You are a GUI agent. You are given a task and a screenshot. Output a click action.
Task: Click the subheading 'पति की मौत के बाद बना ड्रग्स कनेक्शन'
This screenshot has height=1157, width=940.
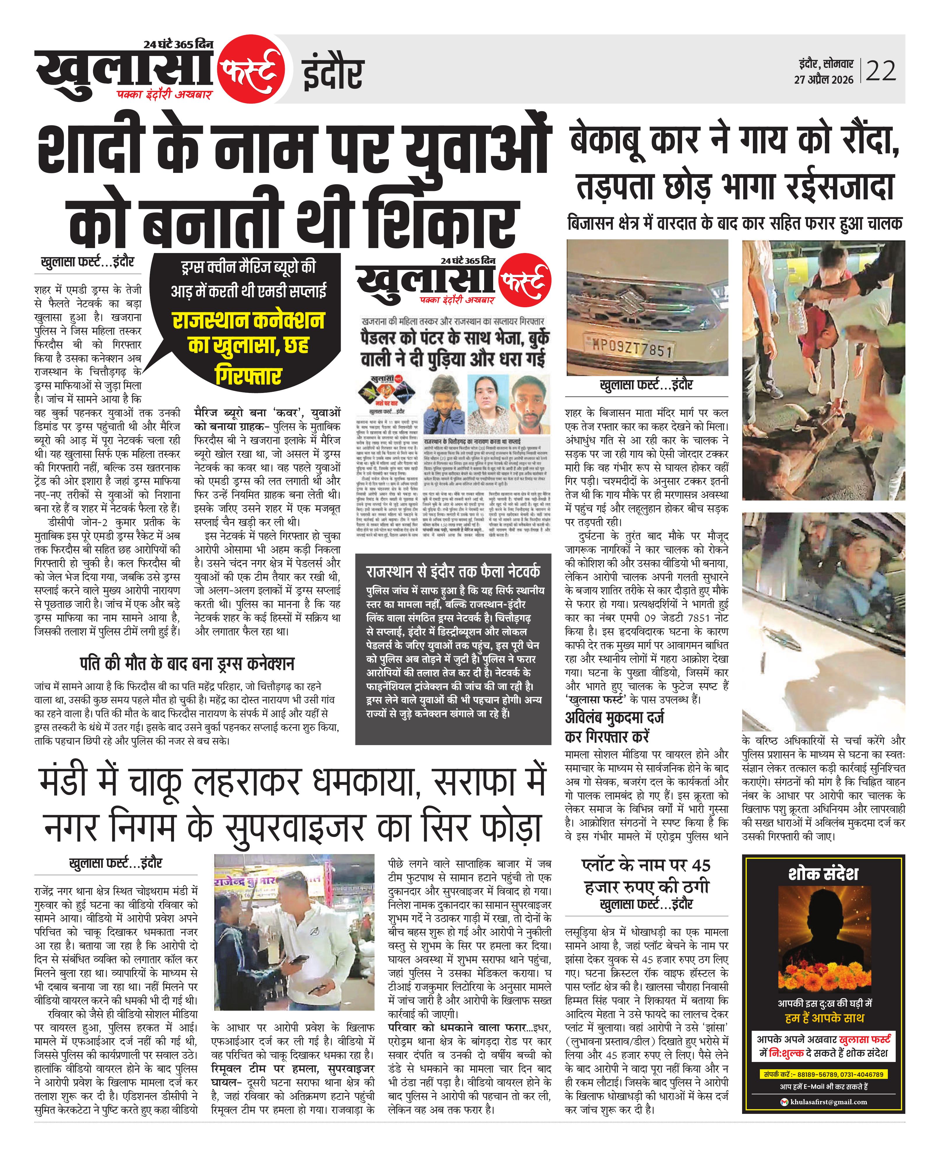point(187,664)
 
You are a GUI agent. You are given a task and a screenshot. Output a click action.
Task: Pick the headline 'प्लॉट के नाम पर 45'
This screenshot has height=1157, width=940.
point(646,865)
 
